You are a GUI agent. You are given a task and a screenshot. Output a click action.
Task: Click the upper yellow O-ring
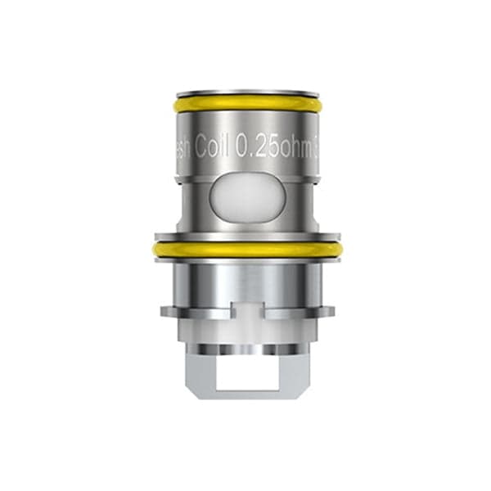tap(245, 107)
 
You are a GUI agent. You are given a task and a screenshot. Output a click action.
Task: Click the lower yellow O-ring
tap(245, 248)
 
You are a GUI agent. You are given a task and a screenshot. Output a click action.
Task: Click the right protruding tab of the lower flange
tap(324, 313)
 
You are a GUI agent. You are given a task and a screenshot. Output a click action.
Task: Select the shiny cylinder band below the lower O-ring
tap(245, 282)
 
